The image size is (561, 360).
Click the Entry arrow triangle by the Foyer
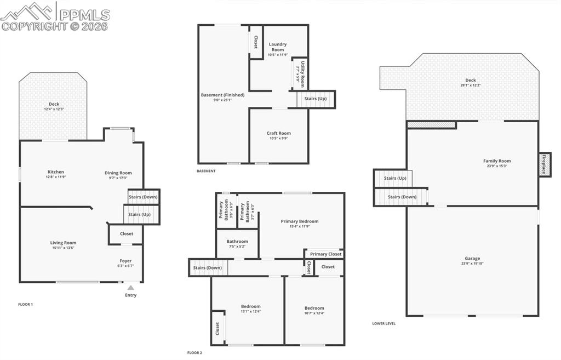(130, 287)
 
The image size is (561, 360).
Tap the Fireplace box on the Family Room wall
(545, 164)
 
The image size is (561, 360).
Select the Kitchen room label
(56, 172)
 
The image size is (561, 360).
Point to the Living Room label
(63, 243)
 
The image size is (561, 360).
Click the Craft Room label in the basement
(279, 133)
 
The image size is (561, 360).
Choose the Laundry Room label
(278, 47)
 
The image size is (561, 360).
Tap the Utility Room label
(300, 73)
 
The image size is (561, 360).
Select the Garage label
(472, 258)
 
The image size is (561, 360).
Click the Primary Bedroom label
(300, 221)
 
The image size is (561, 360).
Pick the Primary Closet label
(325, 254)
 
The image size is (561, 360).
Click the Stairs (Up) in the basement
(316, 99)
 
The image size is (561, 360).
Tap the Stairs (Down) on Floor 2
(208, 268)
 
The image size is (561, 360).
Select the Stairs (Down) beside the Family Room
(402, 197)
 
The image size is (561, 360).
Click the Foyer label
(126, 261)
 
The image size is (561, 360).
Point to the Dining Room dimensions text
(118, 178)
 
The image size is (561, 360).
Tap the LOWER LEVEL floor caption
(383, 323)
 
